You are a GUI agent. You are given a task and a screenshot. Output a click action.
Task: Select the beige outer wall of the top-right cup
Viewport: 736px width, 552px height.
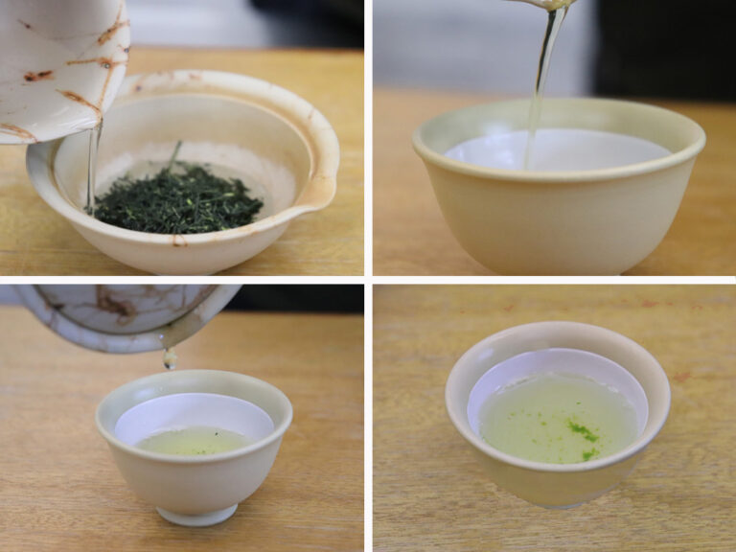(556, 225)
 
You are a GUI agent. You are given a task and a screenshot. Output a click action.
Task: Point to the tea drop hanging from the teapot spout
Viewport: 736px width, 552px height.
(170, 359)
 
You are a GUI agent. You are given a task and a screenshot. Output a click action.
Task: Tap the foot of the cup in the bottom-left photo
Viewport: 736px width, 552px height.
(197, 515)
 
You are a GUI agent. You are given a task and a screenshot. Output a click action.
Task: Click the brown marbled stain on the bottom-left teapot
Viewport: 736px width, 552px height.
(115, 306)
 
